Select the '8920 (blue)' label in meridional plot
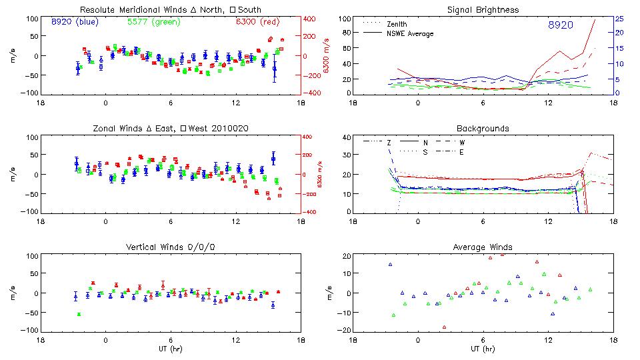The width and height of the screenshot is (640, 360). pyautogui.click(x=75, y=22)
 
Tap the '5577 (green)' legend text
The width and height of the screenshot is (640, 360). pyautogui.click(x=153, y=22)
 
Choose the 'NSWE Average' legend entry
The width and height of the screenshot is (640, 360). pyautogui.click(x=410, y=33)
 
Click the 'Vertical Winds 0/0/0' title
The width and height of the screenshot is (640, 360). pyautogui.click(x=171, y=247)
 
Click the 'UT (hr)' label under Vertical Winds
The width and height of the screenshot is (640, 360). pyautogui.click(x=171, y=349)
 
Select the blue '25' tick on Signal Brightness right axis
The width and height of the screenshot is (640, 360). pyautogui.click(x=619, y=18)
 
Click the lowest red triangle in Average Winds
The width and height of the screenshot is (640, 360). pyautogui.click(x=444, y=327)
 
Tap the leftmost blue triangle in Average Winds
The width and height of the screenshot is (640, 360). pyautogui.click(x=391, y=265)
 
